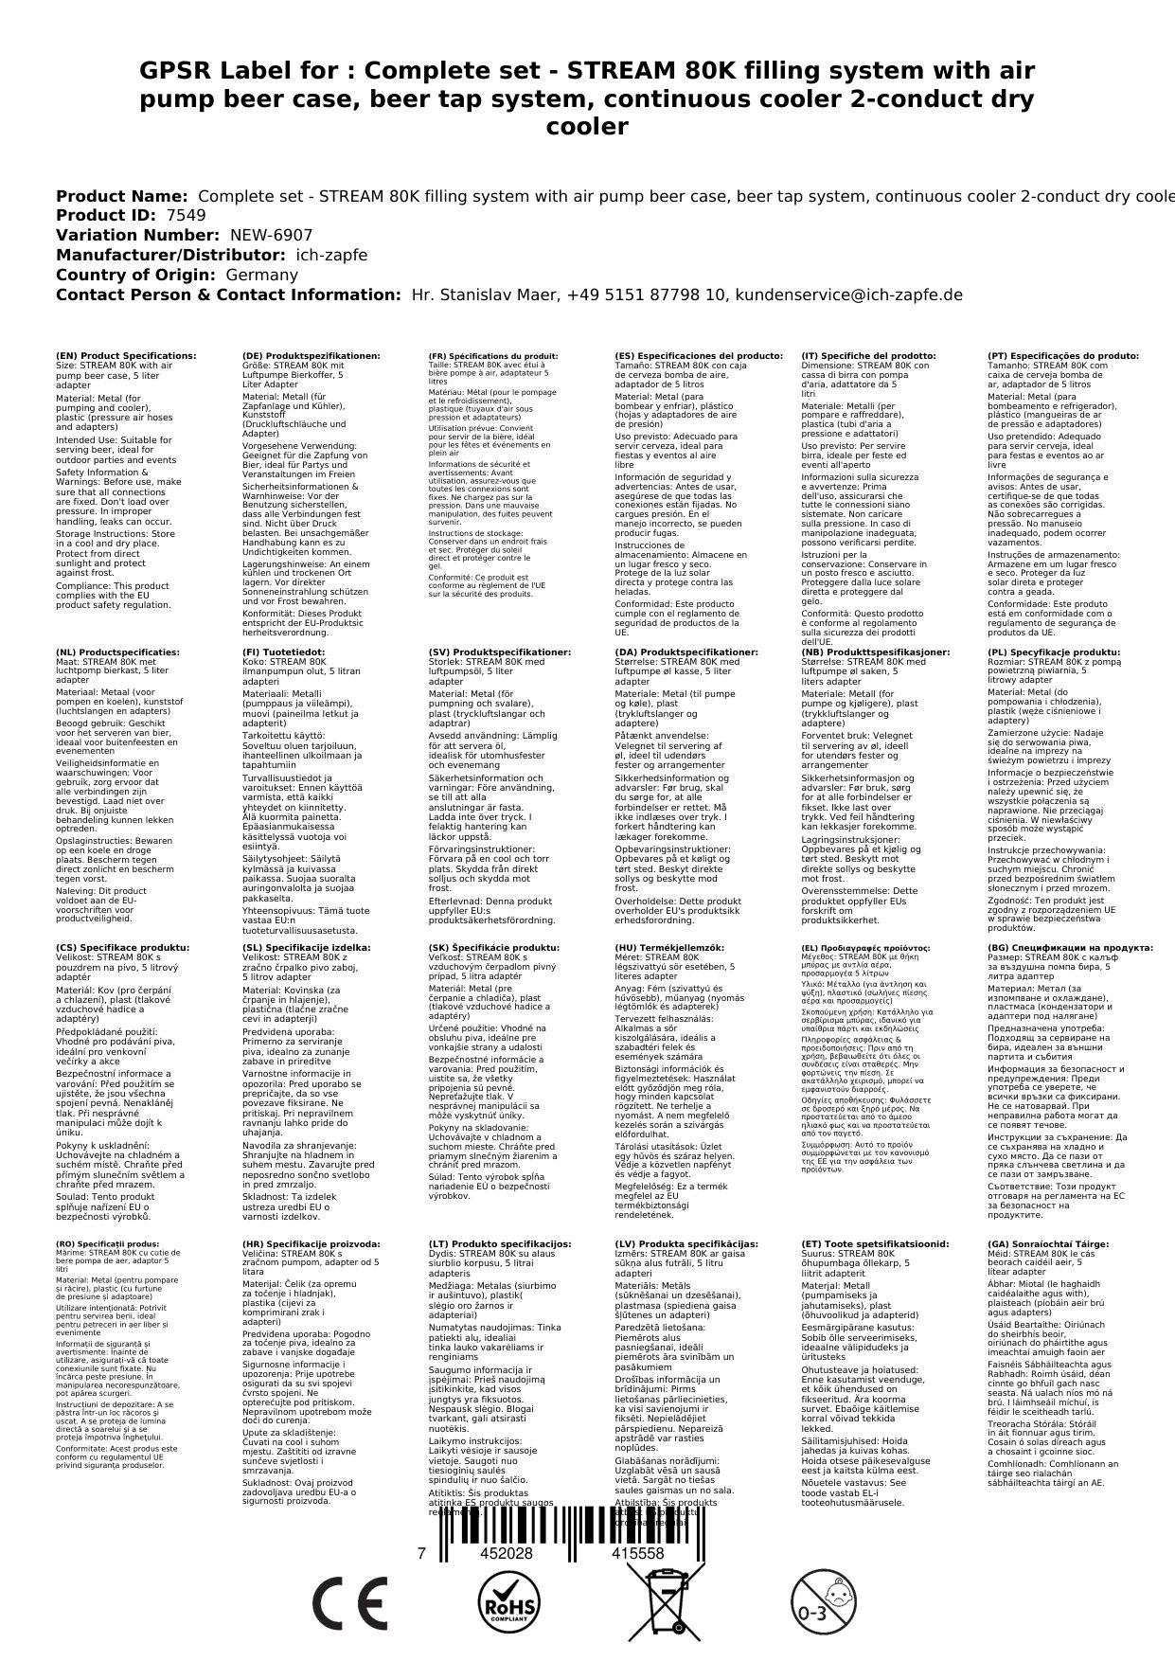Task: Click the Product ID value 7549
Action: [186, 215]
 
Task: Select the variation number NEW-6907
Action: [272, 235]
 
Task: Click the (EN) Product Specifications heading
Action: [126, 356]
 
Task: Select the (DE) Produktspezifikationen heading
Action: [312, 356]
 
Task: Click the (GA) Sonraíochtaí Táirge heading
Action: [1047, 1244]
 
